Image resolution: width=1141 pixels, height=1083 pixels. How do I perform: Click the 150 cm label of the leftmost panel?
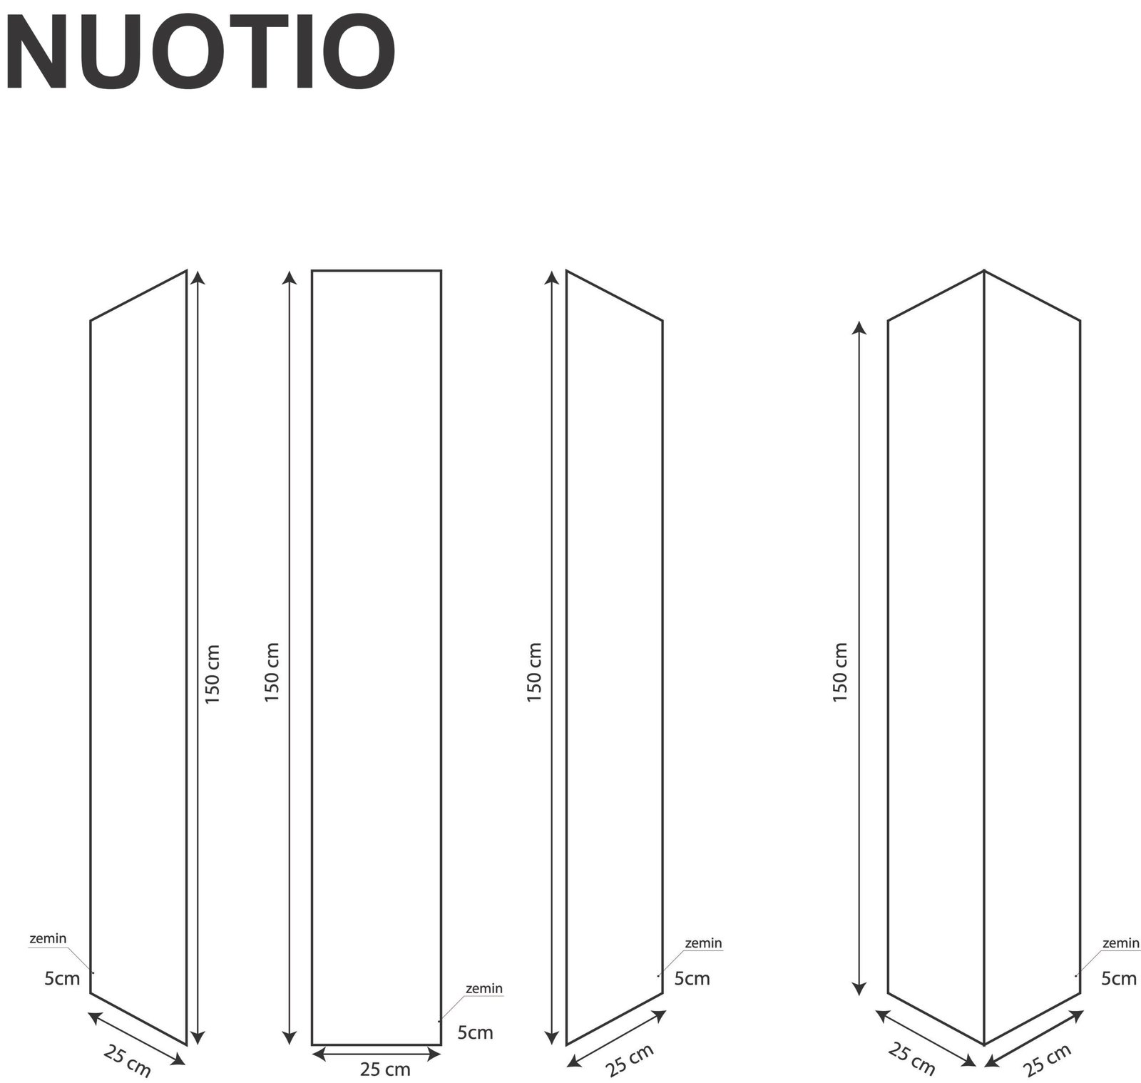pos(213,674)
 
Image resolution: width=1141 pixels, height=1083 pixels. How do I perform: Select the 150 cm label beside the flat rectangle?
pos(272,672)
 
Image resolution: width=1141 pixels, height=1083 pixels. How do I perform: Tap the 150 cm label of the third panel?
pos(535,672)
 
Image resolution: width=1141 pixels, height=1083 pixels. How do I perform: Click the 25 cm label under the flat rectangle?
pos(385,1069)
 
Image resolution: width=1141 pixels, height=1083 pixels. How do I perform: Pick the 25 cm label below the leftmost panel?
pos(127,1060)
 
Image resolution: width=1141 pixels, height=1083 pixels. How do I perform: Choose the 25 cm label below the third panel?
pos(630,1060)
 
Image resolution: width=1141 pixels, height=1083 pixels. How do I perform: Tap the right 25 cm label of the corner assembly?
pos(1048,1059)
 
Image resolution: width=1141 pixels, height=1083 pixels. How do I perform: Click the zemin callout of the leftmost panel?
pos(48,938)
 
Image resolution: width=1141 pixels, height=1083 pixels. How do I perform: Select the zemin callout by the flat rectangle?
pos(484,989)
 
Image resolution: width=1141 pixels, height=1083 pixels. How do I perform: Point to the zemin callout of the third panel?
pos(703,943)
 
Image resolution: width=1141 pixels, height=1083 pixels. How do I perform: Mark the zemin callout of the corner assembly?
pos(1121,943)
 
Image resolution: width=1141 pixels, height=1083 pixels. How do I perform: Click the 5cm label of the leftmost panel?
pos(62,979)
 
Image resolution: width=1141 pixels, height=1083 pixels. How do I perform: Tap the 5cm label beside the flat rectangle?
pos(476,1032)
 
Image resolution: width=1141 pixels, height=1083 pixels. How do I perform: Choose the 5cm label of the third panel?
pos(692,978)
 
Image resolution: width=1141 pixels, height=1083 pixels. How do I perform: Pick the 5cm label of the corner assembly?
pos(1119,978)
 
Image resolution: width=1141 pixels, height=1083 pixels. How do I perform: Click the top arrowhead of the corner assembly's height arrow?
pos(860,327)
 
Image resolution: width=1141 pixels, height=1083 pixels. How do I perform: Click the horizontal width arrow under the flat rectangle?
pos(377,1052)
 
